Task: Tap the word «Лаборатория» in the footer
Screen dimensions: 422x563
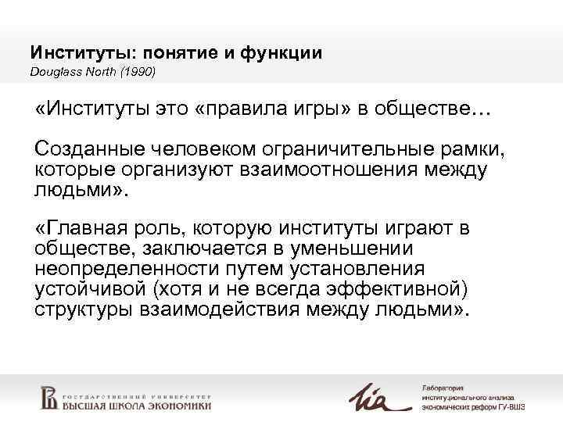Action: [443, 389]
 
